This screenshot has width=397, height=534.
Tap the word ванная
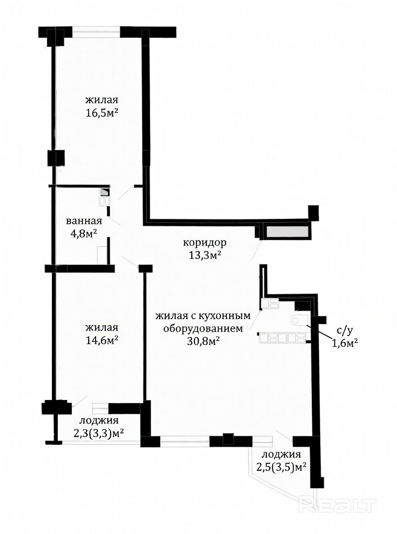tap(84, 221)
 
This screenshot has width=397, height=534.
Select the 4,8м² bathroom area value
tap(84, 234)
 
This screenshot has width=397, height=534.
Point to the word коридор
tap(205, 243)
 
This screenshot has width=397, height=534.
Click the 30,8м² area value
tap(203, 341)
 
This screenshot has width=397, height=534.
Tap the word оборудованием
tap(203, 329)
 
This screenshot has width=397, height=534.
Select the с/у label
tap(343, 330)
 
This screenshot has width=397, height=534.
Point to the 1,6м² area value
tap(345, 343)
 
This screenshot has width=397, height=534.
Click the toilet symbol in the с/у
tap(300, 320)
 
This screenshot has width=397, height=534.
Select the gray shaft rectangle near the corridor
tap(287, 232)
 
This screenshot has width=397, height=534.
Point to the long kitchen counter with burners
tap(282, 338)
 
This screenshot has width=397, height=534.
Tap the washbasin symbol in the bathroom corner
tap(105, 198)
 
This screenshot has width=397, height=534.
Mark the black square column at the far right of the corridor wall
tap(313, 213)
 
